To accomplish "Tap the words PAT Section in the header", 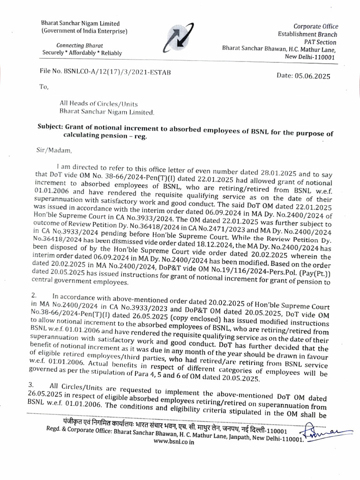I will point(321,41).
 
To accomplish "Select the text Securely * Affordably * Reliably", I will point(82,53).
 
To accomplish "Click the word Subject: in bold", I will point(50,127).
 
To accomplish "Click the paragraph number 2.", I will point(33,296).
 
